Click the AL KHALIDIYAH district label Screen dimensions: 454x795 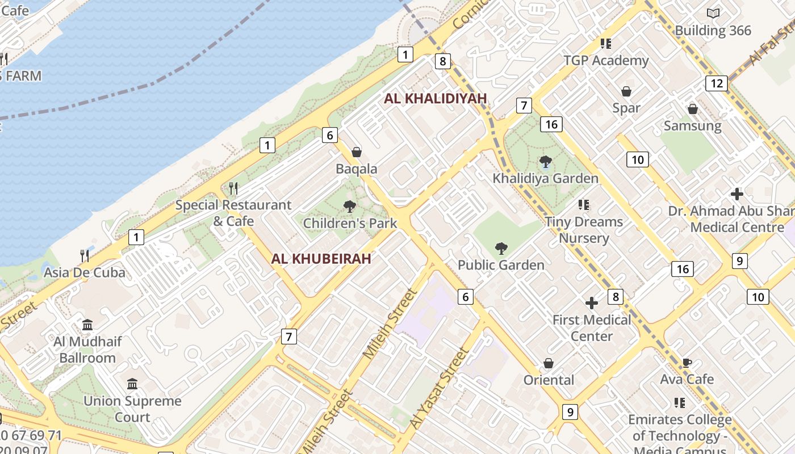(x=435, y=98)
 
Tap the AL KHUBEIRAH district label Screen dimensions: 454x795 (x=321, y=259)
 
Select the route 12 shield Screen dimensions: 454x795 (x=717, y=83)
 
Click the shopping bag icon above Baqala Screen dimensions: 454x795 (x=357, y=152)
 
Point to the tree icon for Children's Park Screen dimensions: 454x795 (x=350, y=207)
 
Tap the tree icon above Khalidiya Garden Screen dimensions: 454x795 (x=545, y=162)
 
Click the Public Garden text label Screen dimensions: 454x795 (x=501, y=265)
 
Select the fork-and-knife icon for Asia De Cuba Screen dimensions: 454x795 (x=85, y=256)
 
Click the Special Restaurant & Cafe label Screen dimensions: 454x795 (x=233, y=213)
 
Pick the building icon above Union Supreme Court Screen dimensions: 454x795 (x=132, y=384)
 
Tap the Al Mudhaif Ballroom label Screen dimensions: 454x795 (x=87, y=350)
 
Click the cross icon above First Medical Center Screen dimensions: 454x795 (x=592, y=303)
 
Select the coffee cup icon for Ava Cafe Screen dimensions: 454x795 (x=687, y=363)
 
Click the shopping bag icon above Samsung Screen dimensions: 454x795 (x=692, y=109)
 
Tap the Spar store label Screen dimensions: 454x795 (x=626, y=108)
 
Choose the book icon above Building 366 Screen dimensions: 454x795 (x=713, y=13)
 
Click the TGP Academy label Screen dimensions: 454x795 (x=606, y=60)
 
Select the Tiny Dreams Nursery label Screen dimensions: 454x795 (x=584, y=230)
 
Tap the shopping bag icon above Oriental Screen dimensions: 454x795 (x=549, y=363)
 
